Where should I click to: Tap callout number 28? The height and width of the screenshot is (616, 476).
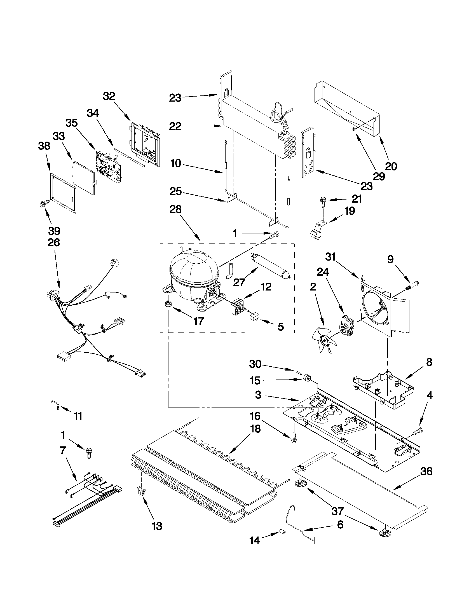pyautogui.click(x=175, y=210)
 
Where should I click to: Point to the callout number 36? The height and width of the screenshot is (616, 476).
pyautogui.click(x=426, y=471)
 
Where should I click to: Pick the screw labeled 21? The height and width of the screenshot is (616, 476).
pyautogui.click(x=322, y=202)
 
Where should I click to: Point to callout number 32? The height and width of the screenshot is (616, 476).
pyautogui.click(x=109, y=97)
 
